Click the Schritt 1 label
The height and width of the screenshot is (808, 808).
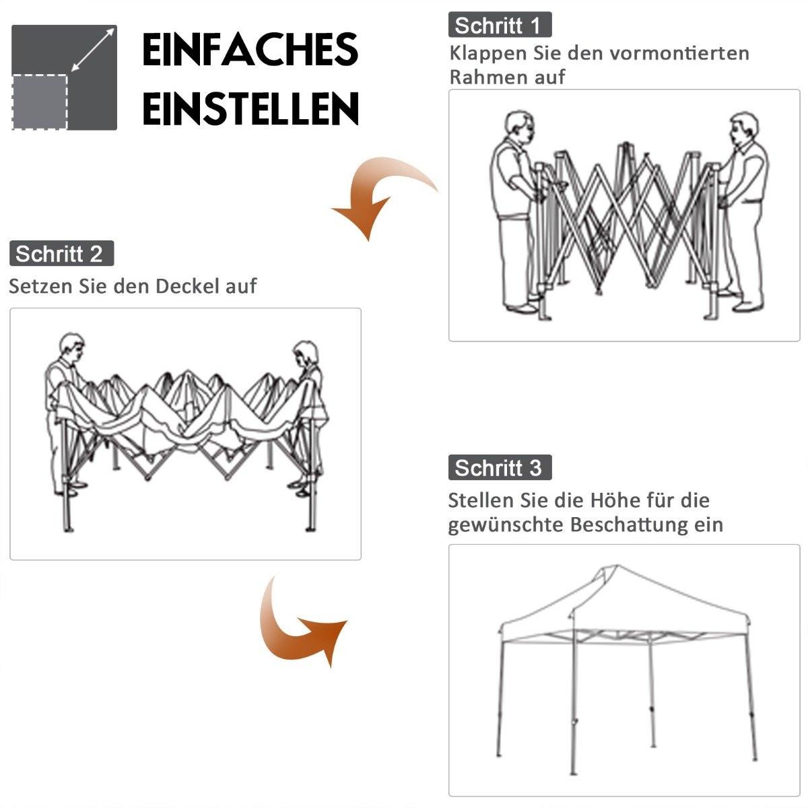pyautogui.click(x=500, y=26)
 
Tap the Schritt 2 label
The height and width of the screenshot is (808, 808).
pyautogui.click(x=61, y=254)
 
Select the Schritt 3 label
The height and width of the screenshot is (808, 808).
pyautogui.click(x=500, y=467)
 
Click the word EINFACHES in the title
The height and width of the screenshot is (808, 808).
pyautogui.click(x=250, y=50)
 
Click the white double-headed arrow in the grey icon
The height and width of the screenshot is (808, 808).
pyautogui.click(x=92, y=49)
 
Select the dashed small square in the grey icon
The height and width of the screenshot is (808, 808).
pyautogui.click(x=40, y=101)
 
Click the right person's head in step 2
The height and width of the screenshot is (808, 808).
pyautogui.click(x=306, y=353)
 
